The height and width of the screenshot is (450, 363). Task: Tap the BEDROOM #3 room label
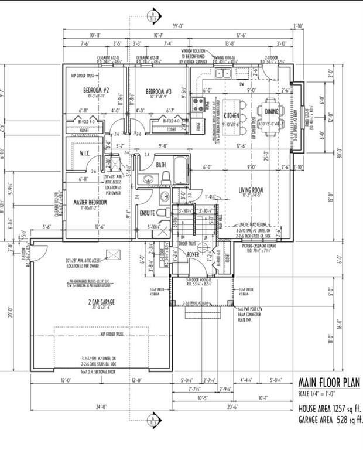157,91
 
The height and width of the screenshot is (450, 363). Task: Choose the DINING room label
272,111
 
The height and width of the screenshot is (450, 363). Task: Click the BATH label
161,165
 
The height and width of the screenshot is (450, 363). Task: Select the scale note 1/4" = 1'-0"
321,393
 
